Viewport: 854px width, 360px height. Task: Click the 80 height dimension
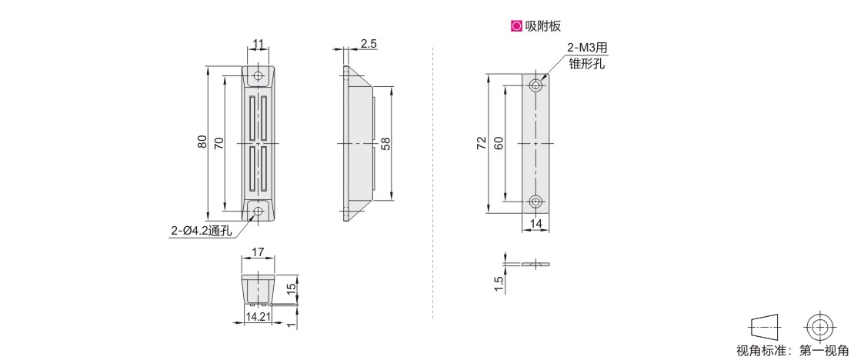[x=202, y=143]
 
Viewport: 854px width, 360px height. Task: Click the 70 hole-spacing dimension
[x=219, y=143]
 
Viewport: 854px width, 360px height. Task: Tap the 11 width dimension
[x=259, y=43]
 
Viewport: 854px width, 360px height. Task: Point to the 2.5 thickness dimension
[x=369, y=44]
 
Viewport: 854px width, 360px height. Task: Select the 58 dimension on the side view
[x=385, y=143]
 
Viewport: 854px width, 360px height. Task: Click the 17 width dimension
[x=259, y=252]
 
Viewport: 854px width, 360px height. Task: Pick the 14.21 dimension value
[x=259, y=316]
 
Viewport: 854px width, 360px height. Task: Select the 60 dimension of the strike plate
[x=499, y=143]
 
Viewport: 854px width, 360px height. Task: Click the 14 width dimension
[x=536, y=223]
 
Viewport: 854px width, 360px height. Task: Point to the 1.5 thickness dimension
[x=499, y=284]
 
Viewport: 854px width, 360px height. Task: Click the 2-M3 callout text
[x=586, y=49]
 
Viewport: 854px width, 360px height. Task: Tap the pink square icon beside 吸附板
[x=515, y=25]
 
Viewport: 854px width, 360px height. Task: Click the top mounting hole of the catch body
[x=259, y=75]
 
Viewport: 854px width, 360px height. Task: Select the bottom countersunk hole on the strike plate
[x=536, y=201]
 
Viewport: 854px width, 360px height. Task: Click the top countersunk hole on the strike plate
[x=536, y=85]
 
